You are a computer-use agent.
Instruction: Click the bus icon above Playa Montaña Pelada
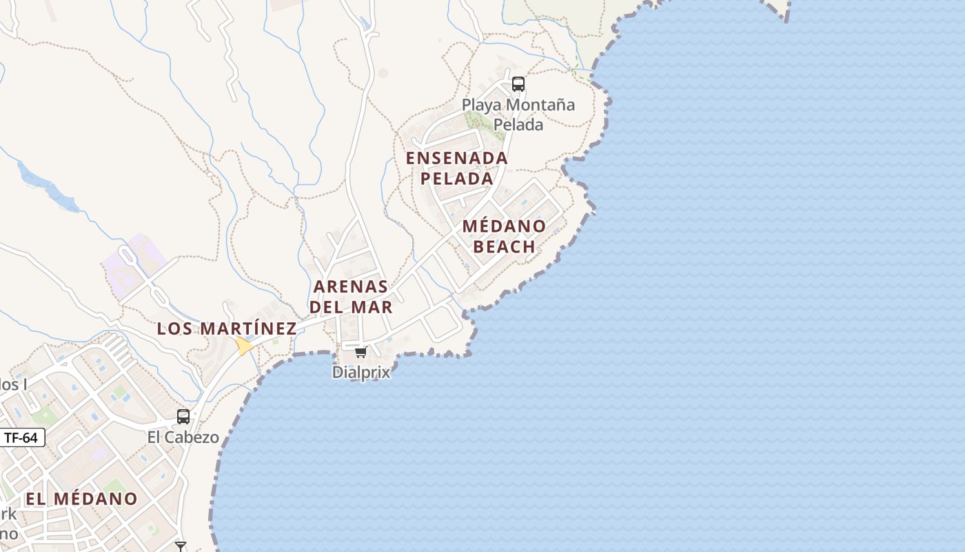click(518, 84)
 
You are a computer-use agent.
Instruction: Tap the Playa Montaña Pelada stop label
click(518, 115)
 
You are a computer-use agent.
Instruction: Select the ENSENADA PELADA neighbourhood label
click(457, 168)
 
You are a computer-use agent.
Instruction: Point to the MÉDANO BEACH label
click(504, 237)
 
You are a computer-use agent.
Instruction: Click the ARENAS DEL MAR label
click(351, 297)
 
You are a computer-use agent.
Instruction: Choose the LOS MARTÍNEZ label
click(227, 328)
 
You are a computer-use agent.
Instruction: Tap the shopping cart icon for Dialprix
click(360, 353)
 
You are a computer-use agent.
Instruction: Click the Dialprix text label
click(360, 373)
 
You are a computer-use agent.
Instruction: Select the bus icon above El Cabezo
click(183, 417)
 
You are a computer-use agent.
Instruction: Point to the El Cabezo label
click(183, 437)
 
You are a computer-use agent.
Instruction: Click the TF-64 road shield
click(21, 437)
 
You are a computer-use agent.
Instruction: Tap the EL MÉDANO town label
click(81, 498)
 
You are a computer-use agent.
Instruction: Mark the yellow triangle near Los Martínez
click(243, 346)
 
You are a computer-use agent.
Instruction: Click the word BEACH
click(505, 247)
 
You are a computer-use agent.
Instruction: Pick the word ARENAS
click(351, 286)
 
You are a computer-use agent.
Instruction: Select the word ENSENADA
click(457, 158)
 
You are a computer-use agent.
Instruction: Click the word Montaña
click(540, 106)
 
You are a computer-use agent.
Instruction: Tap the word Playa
click(482, 106)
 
